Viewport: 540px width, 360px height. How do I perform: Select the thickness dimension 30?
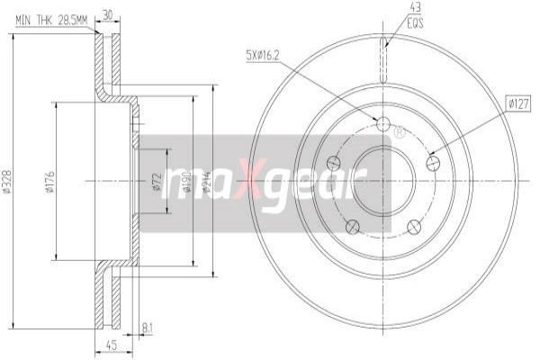click(108, 14)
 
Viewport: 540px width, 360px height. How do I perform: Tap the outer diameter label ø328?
click(8, 183)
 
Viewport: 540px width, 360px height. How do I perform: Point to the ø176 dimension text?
click(49, 183)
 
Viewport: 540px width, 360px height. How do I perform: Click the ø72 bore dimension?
click(157, 183)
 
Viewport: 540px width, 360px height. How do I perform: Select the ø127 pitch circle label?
click(517, 104)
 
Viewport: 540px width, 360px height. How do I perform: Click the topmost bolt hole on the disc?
click(382, 123)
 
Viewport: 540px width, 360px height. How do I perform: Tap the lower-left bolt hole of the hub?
click(353, 226)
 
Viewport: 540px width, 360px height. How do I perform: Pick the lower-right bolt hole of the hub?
click(413, 226)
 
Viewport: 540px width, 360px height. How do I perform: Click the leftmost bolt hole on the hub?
click(334, 163)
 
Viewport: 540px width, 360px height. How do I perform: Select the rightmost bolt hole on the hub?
click(432, 163)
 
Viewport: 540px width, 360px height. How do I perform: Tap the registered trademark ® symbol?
click(400, 132)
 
